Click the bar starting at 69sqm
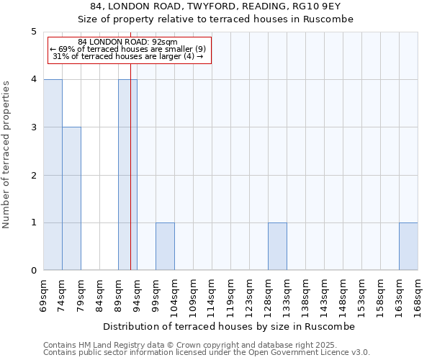pyautogui.click(x=53, y=175)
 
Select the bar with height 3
pyautogui.click(x=71, y=199)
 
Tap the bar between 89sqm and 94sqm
pyautogui.click(x=127, y=175)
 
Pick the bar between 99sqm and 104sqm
pyautogui.click(x=165, y=246)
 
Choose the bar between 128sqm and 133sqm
pyautogui.click(x=277, y=246)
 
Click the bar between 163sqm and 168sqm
pyautogui.click(x=408, y=246)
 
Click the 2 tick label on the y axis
pyautogui.click(x=33, y=175)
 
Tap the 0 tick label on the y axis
pyautogui.click(x=33, y=271)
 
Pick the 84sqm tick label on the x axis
pyautogui.click(x=99, y=295)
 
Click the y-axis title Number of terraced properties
pyautogui.click(x=6, y=155)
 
